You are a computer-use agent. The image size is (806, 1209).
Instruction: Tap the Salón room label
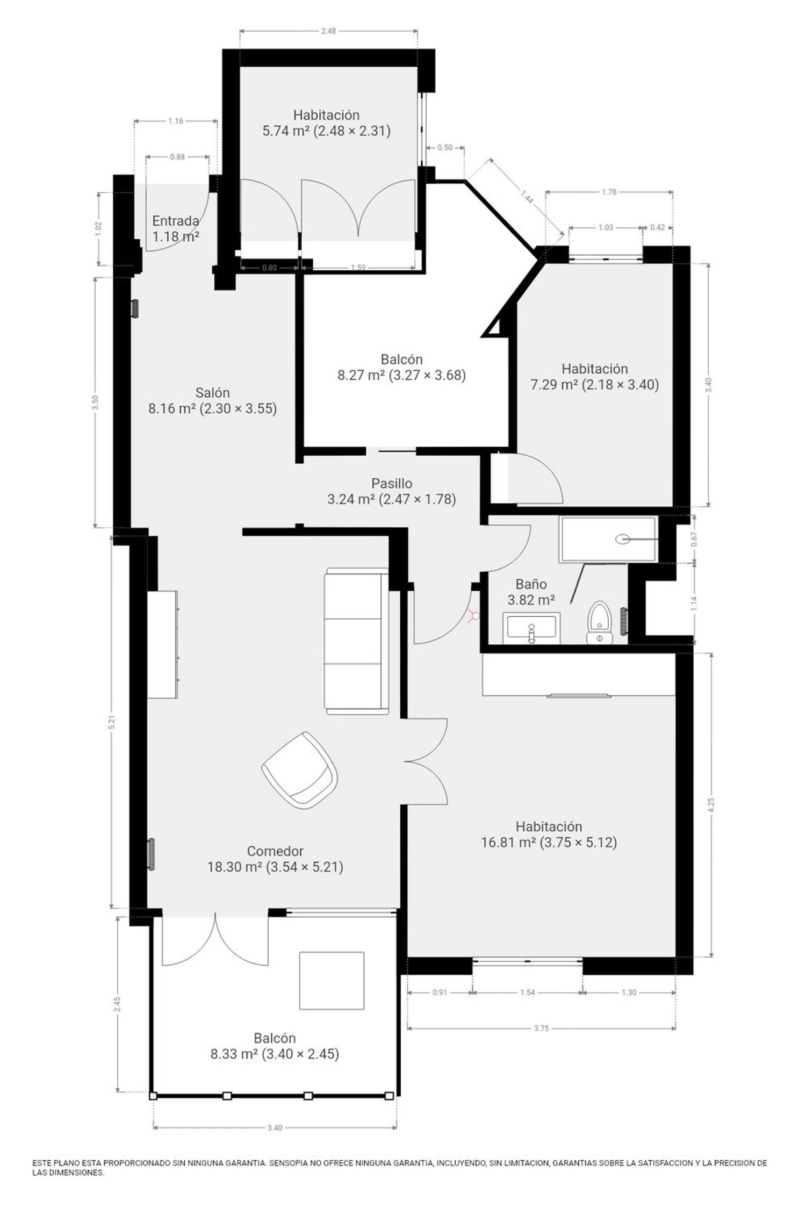point(213,392)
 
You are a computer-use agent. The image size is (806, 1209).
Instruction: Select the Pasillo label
point(392,483)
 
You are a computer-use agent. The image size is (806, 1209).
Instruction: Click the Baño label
point(531,584)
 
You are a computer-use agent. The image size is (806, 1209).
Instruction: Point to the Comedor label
point(275,851)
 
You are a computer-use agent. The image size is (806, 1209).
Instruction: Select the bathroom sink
point(531,628)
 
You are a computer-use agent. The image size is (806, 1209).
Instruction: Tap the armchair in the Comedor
point(300,769)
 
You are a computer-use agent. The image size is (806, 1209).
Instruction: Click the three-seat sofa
point(356,641)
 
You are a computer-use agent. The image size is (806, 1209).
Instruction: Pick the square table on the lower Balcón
point(332,981)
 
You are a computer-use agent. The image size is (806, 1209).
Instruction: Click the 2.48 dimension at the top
point(328,31)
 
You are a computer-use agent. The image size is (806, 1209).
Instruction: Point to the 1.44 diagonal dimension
point(527,197)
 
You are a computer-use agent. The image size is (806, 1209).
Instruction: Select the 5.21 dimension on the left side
point(112,722)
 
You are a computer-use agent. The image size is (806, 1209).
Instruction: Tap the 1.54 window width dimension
point(527,992)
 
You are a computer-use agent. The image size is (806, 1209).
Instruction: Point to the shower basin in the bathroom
point(608,539)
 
